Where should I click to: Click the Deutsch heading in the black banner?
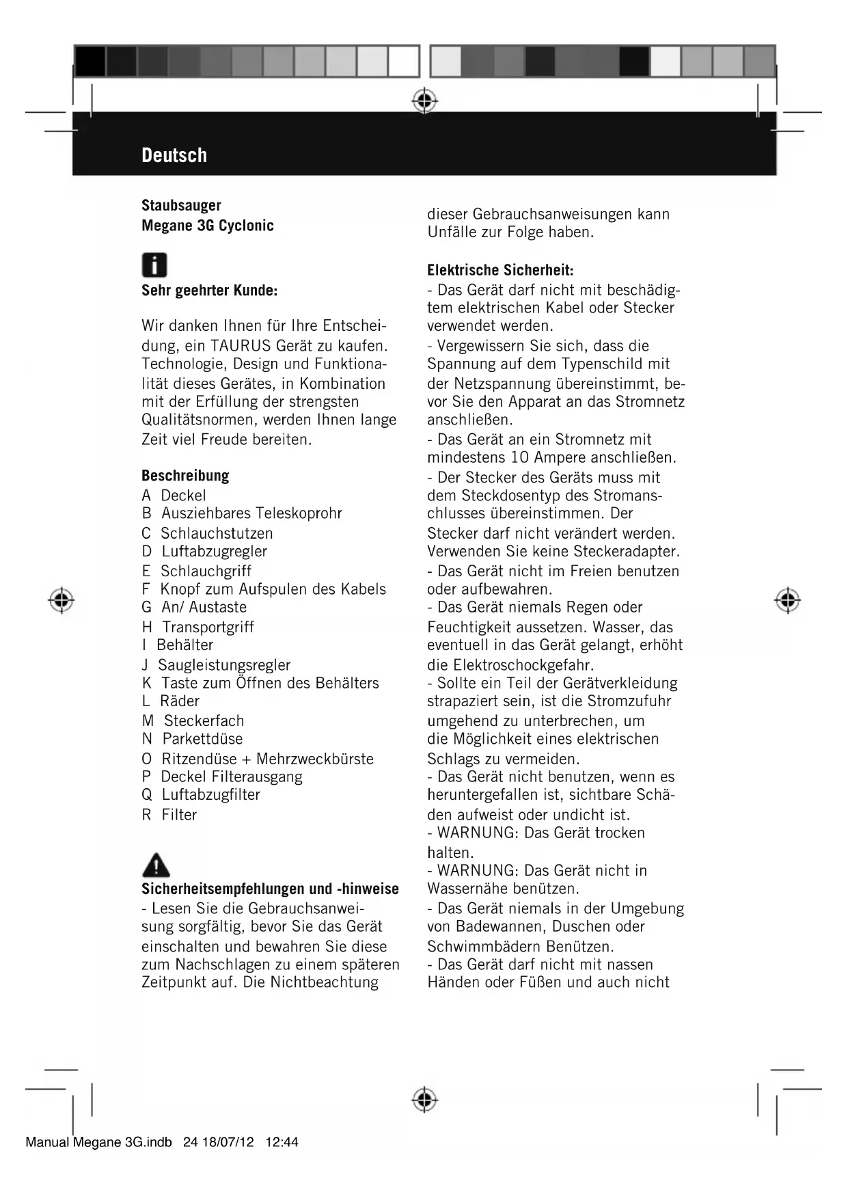(174, 155)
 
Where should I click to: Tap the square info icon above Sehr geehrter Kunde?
(154, 265)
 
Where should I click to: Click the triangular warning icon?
(156, 865)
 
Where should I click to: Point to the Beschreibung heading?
(185, 476)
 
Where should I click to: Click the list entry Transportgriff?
(208, 627)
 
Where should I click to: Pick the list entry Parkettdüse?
(202, 739)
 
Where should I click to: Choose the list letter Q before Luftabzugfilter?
(147, 795)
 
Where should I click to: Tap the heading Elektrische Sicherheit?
(500, 270)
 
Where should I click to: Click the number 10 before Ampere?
(520, 457)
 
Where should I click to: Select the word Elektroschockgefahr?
(523, 664)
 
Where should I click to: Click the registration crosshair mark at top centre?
(424, 100)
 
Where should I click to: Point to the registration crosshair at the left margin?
(61, 599)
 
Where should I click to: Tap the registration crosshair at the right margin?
(787, 599)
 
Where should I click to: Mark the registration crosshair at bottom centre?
(424, 1099)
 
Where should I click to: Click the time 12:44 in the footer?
(282, 1142)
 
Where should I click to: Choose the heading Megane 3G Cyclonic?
(207, 226)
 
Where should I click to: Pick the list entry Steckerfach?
(204, 720)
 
